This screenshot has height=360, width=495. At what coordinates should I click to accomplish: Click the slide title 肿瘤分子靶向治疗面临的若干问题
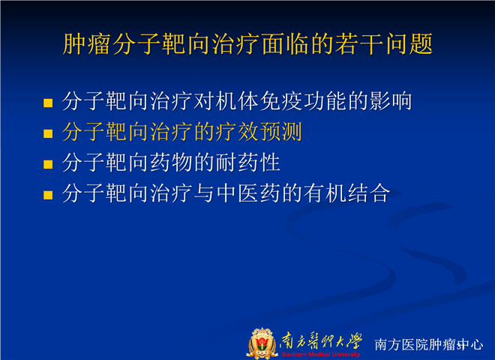click(247, 43)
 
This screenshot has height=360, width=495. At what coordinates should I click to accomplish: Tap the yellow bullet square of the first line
click(48, 103)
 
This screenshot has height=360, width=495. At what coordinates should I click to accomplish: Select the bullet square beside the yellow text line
click(48, 133)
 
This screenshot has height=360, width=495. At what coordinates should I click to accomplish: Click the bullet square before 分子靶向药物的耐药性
click(48, 164)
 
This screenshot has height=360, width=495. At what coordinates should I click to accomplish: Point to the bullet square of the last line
click(48, 195)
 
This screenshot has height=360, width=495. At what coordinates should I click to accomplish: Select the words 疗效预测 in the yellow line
click(259, 132)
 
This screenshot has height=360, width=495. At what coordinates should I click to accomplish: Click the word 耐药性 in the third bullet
click(248, 162)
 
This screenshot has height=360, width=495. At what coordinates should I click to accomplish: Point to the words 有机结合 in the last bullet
click(347, 193)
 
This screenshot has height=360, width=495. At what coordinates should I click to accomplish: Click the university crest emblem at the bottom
click(261, 343)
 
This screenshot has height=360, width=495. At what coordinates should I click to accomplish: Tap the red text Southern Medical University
click(321, 354)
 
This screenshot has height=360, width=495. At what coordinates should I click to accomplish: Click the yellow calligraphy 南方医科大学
click(321, 340)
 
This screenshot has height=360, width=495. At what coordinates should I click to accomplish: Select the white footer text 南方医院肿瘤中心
click(429, 344)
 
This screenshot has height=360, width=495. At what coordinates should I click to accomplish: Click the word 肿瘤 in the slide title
click(86, 43)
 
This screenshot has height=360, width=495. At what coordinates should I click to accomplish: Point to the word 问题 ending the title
click(409, 43)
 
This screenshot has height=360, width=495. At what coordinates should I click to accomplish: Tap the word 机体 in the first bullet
click(237, 101)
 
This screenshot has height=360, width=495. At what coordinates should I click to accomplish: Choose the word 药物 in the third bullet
click(171, 162)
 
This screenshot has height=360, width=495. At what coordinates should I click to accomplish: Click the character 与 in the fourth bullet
click(204, 193)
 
